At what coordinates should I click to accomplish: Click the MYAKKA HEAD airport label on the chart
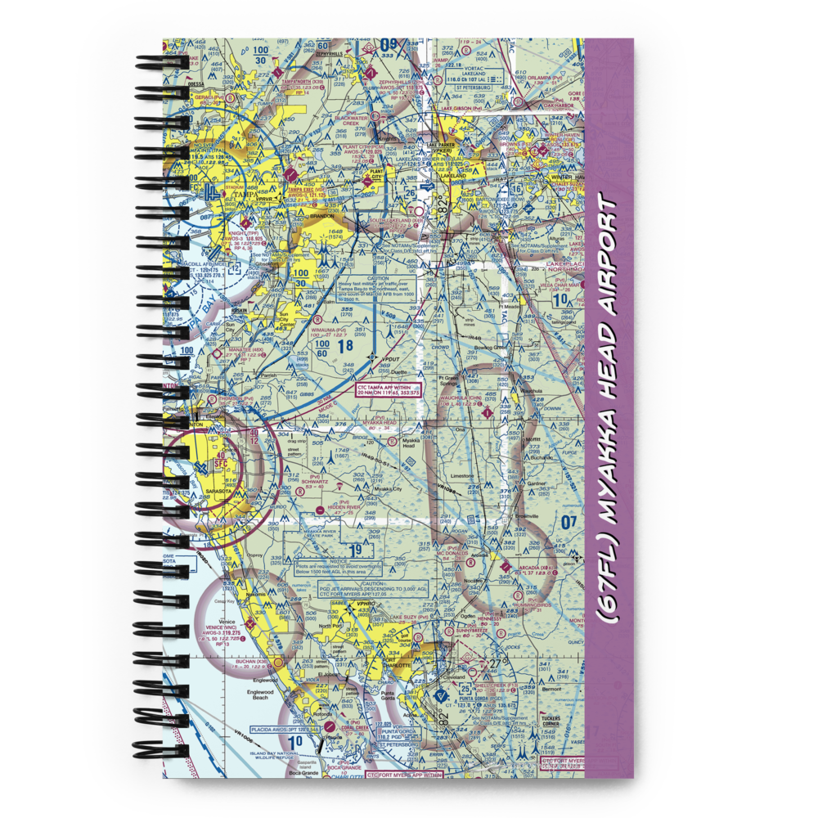click(x=379, y=423)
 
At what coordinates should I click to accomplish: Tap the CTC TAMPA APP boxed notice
click(x=389, y=390)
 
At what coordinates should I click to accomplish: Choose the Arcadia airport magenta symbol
click(x=504, y=566)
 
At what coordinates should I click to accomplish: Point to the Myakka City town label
click(x=389, y=489)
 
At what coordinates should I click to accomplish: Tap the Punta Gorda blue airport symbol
click(x=442, y=697)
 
